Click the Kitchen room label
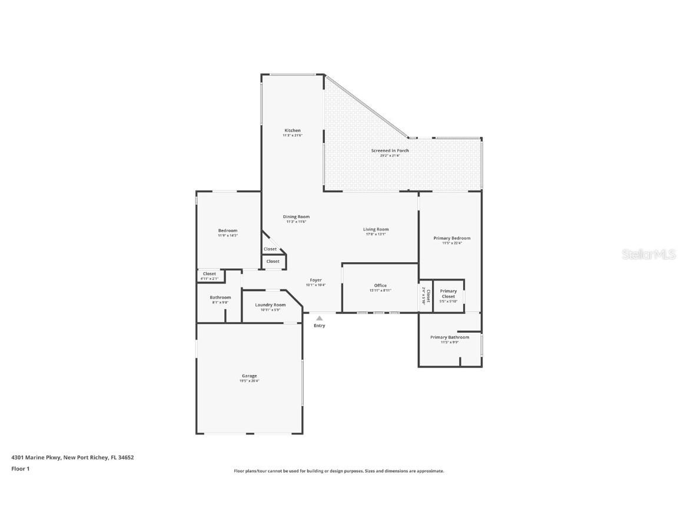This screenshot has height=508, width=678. pyautogui.click(x=293, y=131)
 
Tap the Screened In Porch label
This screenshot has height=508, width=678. pyautogui.click(x=390, y=151)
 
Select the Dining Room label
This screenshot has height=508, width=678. pyautogui.click(x=296, y=217)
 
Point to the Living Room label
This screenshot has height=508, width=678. pyautogui.click(x=375, y=229)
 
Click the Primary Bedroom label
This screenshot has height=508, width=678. pyautogui.click(x=451, y=238)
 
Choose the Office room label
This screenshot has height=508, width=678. pyautogui.click(x=380, y=286)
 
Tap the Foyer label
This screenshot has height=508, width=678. pyautogui.click(x=315, y=280)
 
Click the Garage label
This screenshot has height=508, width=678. pyautogui.click(x=249, y=376)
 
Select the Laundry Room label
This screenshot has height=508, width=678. pyautogui.click(x=270, y=305)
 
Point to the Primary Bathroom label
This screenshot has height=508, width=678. pyautogui.click(x=450, y=337)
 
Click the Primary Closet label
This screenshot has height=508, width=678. pyautogui.click(x=448, y=293)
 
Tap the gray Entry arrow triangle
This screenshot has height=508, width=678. pyautogui.click(x=319, y=318)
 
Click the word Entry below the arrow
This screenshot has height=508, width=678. pyautogui.click(x=319, y=326)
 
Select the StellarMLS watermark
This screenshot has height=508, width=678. pyautogui.click(x=650, y=254)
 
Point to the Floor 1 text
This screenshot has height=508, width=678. pyautogui.click(x=20, y=469)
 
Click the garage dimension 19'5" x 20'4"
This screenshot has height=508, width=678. pyautogui.click(x=249, y=381)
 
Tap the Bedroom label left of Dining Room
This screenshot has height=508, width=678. pyautogui.click(x=227, y=230)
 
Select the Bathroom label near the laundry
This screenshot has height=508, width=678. pyautogui.click(x=220, y=298)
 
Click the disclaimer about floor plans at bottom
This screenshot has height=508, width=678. pyautogui.click(x=339, y=471)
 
